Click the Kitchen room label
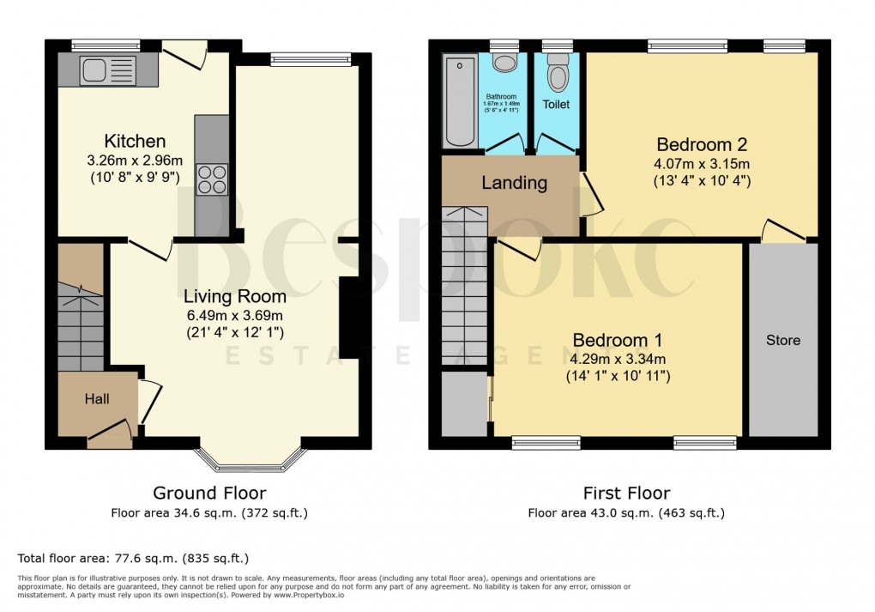pos(135,141)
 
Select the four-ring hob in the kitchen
pos(212,179)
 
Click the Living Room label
pos(235,296)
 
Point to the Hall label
pos(97,399)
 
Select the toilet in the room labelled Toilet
pos(558,76)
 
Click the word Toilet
pos(556,104)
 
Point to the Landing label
pos(514,182)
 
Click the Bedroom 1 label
pos(618,339)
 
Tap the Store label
pos(782,340)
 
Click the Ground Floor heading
pos(209,493)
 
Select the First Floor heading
pos(626,493)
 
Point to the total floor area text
pos(133,558)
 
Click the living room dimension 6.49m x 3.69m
pos(235,314)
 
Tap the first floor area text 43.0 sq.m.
pos(626,513)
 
